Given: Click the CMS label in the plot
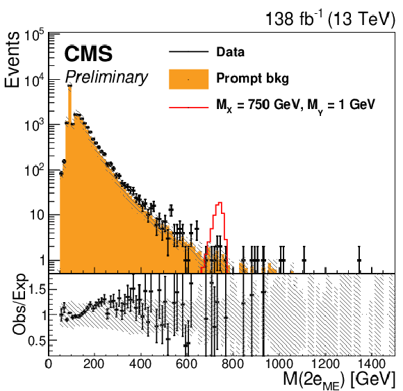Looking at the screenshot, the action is pyautogui.click(x=88, y=53).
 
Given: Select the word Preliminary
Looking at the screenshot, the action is pyautogui.click(x=106, y=77).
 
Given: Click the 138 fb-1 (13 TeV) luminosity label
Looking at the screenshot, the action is pyautogui.click(x=330, y=19).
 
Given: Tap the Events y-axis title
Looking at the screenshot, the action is pyautogui.click(x=12, y=60).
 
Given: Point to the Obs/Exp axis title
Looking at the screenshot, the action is pyautogui.click(x=19, y=304).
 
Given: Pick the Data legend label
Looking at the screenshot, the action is pyautogui.click(x=230, y=52).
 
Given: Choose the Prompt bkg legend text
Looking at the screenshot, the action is pyautogui.click(x=253, y=78).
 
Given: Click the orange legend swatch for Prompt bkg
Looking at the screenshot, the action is pyautogui.click(x=189, y=79).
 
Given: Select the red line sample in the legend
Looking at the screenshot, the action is pyautogui.click(x=189, y=107).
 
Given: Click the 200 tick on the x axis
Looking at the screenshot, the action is pyautogui.click(x=94, y=364).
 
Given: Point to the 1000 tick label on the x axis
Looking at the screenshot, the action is pyautogui.click(x=279, y=364).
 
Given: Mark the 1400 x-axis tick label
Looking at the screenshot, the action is pyautogui.click(x=371, y=364).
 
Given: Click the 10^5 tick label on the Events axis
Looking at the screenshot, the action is pyautogui.click(x=34, y=35).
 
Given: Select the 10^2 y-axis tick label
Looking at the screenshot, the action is pyautogui.click(x=34, y=170).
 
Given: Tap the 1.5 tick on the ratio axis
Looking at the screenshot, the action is pyautogui.click(x=37, y=290).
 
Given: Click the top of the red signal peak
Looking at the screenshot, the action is pyautogui.click(x=220, y=202).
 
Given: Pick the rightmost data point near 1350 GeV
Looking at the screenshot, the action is pyautogui.click(x=359, y=260).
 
